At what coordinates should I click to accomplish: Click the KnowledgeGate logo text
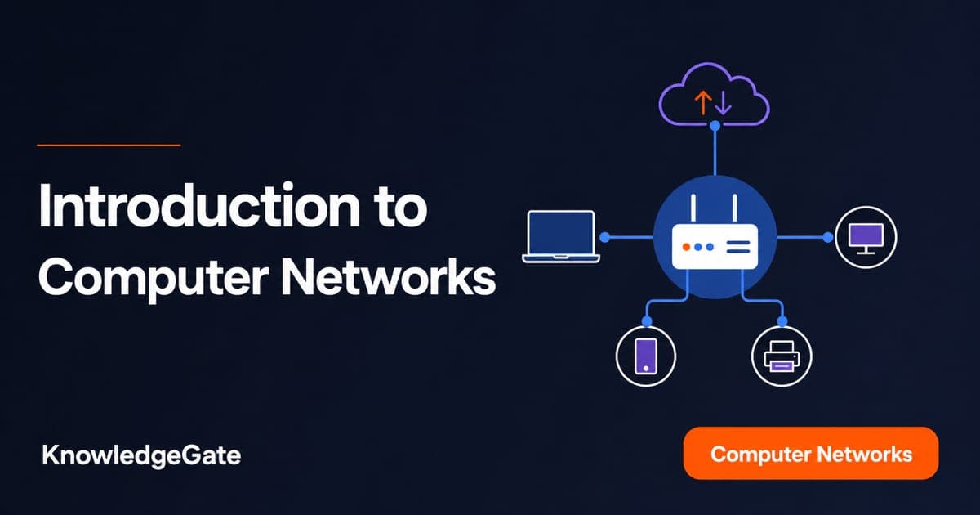pos(141,456)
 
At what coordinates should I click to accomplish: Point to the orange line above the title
pos(109,145)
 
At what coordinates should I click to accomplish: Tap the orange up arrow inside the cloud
pos(702,102)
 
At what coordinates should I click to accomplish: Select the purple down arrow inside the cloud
pos(724,103)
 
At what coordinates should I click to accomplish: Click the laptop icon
pos(561,236)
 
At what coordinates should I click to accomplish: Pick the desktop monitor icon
pos(866,238)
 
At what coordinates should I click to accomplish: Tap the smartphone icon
pos(646,356)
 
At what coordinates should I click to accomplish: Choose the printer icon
pos(782,356)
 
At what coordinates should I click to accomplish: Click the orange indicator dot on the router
pos(687,247)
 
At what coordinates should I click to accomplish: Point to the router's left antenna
pos(693,209)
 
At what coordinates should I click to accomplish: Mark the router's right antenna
pos(734,209)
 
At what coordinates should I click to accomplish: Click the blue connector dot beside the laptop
pos(604,237)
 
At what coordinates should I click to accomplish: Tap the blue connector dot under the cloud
pos(715,126)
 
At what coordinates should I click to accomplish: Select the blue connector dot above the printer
pos(782,321)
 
